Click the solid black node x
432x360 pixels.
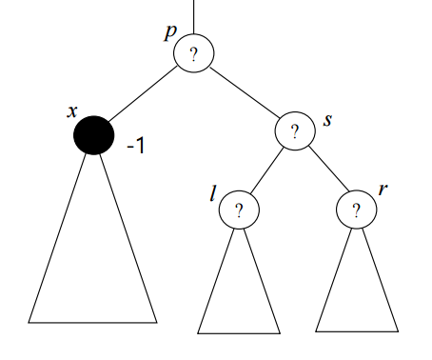93,135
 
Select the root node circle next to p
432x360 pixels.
193,54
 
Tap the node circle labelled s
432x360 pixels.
295,131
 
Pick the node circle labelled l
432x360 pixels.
238,209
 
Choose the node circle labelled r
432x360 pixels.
357,209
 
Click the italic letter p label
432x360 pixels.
170,32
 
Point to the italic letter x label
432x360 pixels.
71,110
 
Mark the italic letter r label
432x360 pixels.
383,190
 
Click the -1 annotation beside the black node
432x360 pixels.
135,148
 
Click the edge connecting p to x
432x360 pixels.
143,94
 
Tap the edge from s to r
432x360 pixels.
325,170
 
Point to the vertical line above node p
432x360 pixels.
193,16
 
